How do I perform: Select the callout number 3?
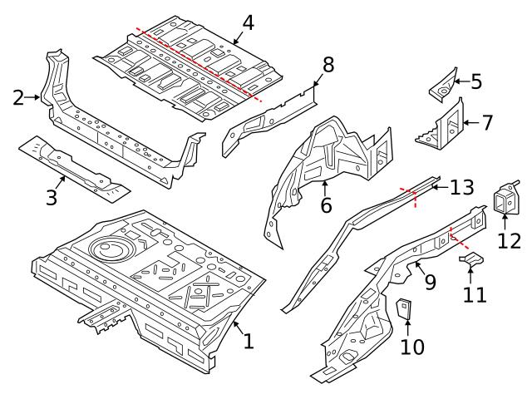pyautogui.click(x=52, y=198)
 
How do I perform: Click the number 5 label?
pyautogui.click(x=476, y=81)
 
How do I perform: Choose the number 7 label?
pyautogui.click(x=487, y=122)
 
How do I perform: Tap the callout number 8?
pyautogui.click(x=328, y=65)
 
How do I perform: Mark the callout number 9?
pyautogui.click(x=431, y=283)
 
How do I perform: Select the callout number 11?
pyautogui.click(x=473, y=294)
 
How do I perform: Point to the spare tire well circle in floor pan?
pyautogui.click(x=106, y=249)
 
